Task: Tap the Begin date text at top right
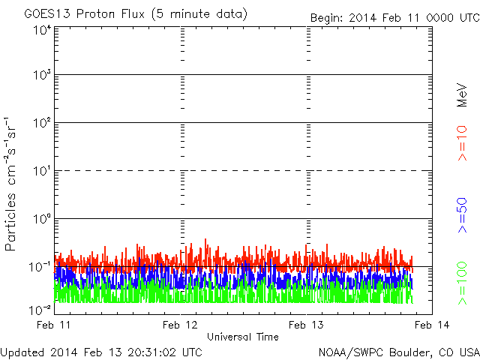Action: pos(395,18)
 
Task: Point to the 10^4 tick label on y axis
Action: pos(42,31)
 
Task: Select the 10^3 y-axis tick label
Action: pos(42,75)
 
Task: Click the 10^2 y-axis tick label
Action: pos(42,123)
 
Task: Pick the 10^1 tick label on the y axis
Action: pos(42,171)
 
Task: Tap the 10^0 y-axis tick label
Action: pos(42,219)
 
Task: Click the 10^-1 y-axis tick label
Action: pos(40,267)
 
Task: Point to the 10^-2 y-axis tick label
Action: pos(40,310)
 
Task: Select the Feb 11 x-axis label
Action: pos(53,325)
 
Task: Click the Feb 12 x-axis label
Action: pos(180,325)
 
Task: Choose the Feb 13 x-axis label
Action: pos(306,325)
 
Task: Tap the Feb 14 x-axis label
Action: pos(432,325)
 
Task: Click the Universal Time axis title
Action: pos(243,337)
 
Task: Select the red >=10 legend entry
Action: pos(462,143)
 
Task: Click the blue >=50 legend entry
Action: pos(462,215)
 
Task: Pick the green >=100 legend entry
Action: pos(462,283)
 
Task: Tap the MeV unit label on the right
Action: pos(462,95)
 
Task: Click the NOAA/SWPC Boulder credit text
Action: pos(399,352)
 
